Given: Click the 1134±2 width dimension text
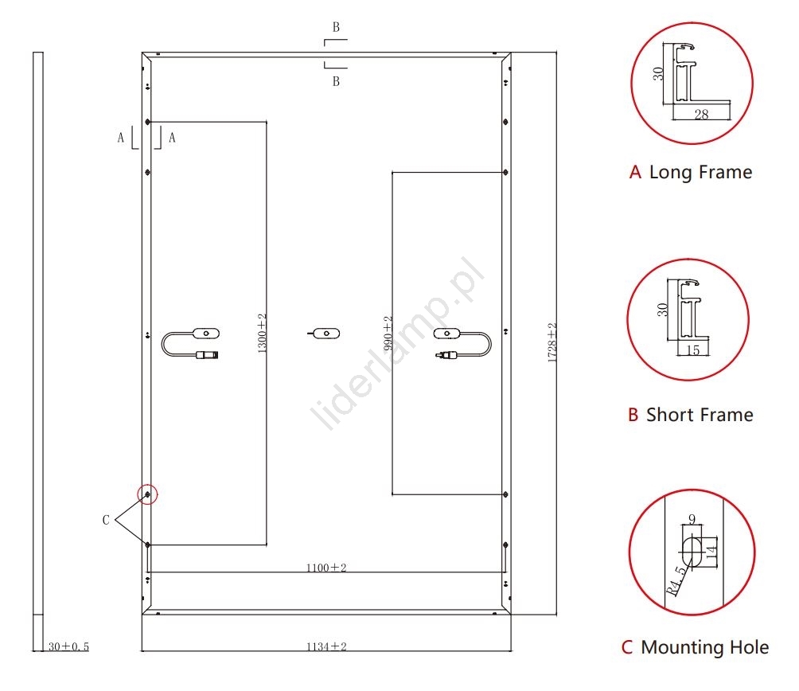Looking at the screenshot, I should point(326,646).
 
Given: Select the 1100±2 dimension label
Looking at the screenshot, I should point(326,568).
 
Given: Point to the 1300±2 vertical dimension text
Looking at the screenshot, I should point(262,333).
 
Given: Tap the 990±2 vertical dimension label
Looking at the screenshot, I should point(388,333).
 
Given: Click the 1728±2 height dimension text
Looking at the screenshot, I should point(552,343).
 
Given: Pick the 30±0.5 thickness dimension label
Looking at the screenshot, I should point(68,647).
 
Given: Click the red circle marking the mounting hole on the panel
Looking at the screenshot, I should point(148,494).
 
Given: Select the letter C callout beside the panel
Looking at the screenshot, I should point(106,520).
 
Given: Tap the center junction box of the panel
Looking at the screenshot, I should point(324,333).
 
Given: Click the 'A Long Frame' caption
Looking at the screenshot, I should point(690,172).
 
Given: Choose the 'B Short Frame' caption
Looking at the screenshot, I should point(690,415).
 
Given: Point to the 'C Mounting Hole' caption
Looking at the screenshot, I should point(695,647).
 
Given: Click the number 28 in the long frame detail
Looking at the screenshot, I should point(701,115).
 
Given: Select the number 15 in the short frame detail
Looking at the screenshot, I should point(692,350).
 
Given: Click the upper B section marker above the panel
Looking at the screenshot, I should point(336,27).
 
